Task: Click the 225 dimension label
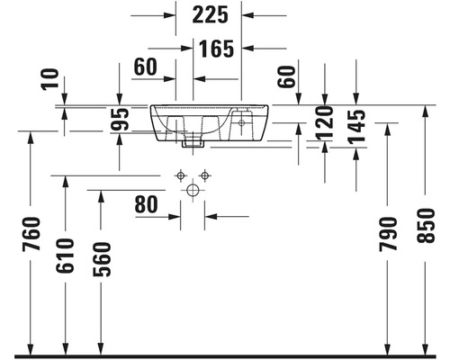[210, 15]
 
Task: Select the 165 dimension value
[216, 49]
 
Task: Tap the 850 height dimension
[426, 226]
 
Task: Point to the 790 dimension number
[388, 234]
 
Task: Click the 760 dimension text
[31, 234]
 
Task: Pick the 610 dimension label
[65, 256]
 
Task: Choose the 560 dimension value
[102, 259]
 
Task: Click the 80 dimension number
[146, 204]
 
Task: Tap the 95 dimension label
[120, 120]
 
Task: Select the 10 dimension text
[49, 79]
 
